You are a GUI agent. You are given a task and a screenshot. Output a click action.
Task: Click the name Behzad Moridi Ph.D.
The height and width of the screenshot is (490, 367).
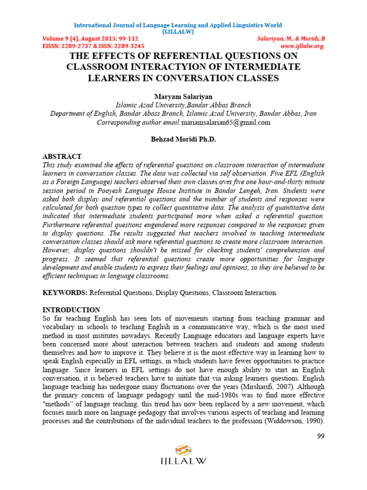coord(183,139)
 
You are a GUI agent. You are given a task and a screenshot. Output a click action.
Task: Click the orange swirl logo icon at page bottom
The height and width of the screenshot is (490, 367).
coord(183,450)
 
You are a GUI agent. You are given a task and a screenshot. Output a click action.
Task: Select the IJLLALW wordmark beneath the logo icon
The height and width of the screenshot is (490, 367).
coord(183,462)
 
